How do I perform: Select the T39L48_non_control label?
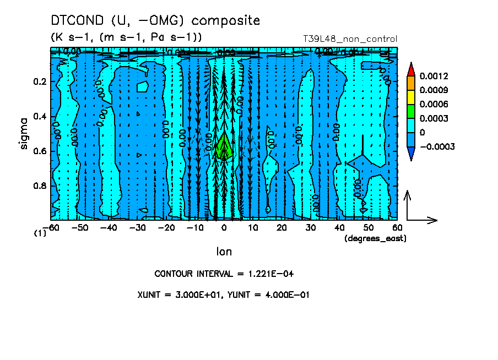(350, 39)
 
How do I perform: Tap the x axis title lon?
(224, 252)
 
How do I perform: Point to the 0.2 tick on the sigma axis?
(40, 81)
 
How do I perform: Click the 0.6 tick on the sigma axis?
(40, 151)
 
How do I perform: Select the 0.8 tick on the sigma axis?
(40, 186)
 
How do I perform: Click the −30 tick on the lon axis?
(137, 227)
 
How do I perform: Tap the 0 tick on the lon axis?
(224, 227)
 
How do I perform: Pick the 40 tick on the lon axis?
(340, 227)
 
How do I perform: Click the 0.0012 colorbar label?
(434, 75)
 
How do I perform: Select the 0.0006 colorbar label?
(434, 104)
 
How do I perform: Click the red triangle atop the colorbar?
(411, 69)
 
